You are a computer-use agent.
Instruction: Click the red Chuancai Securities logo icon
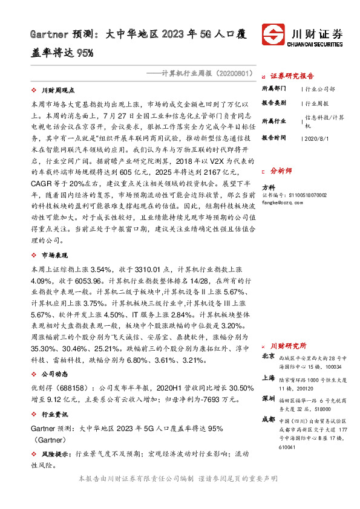[x=273, y=35]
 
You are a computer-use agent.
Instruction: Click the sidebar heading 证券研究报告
[x=292, y=76]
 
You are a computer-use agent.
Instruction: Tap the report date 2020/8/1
[x=318, y=138]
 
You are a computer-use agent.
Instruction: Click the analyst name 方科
[x=267, y=187]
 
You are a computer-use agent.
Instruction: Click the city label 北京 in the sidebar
[x=268, y=357]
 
